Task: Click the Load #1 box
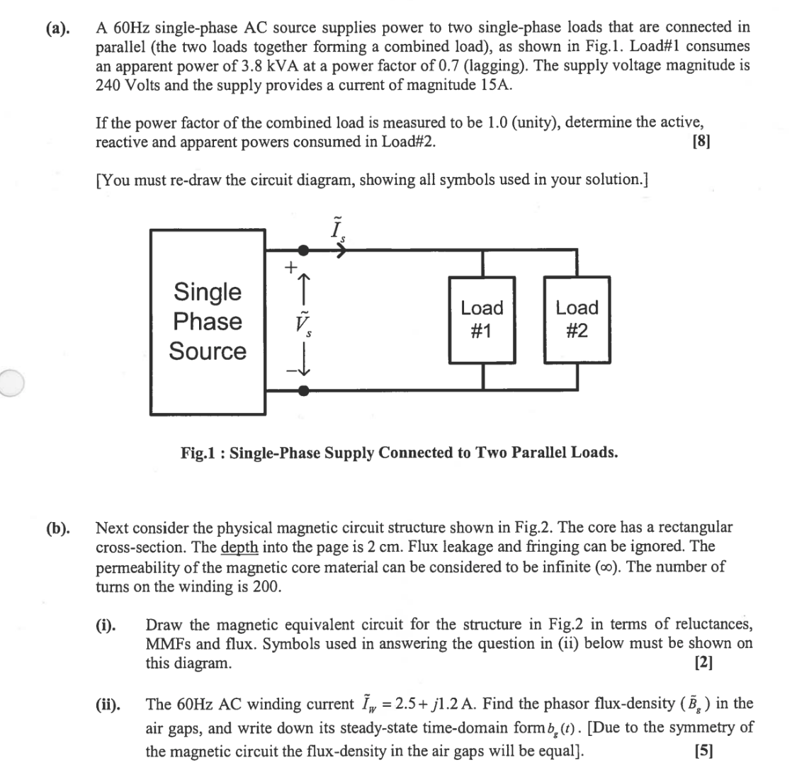click(x=482, y=319)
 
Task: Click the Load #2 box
click(x=577, y=319)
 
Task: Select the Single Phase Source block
click(x=207, y=322)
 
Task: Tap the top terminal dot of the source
click(x=304, y=250)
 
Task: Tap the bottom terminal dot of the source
click(x=304, y=390)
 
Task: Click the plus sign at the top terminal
click(x=289, y=268)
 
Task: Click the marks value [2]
click(x=703, y=664)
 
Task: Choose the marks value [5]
click(x=703, y=750)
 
